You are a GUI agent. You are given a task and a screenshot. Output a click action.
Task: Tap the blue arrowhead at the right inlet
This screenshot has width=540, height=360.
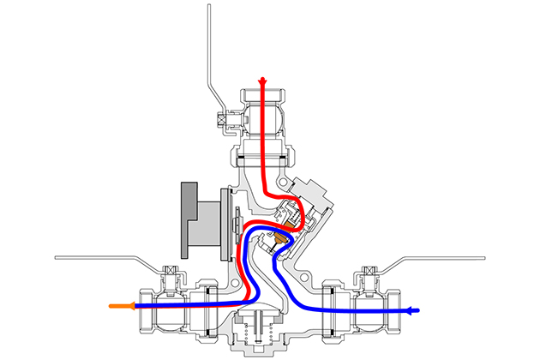(416, 310)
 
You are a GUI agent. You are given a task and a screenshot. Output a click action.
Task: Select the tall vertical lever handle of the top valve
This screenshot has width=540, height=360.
(208, 51)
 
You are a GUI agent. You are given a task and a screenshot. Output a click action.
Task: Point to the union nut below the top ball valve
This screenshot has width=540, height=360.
(263, 156)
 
